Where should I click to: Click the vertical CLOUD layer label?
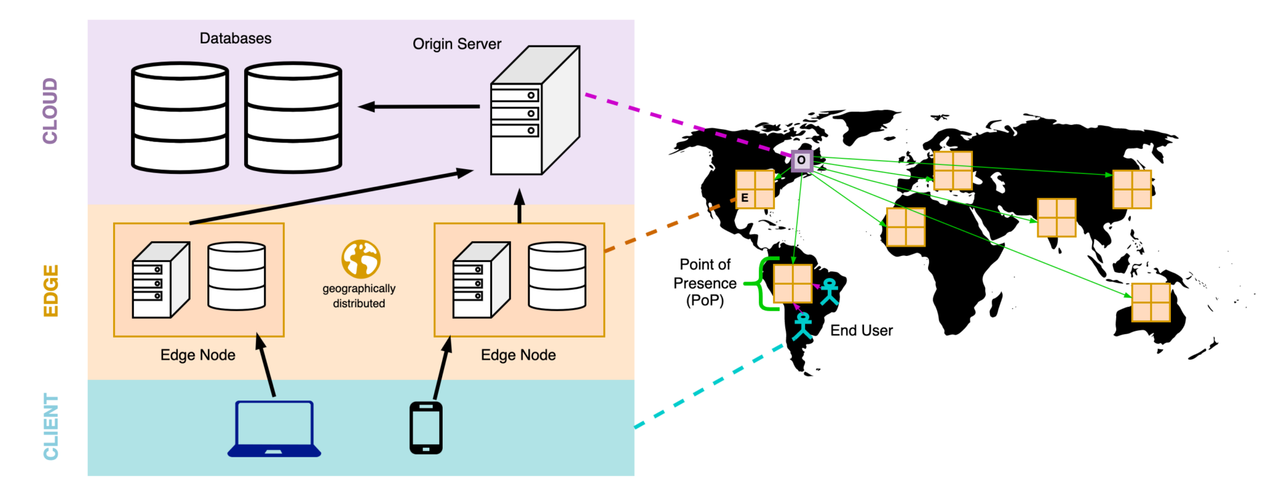click(x=50, y=111)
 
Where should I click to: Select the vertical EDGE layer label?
click(x=51, y=291)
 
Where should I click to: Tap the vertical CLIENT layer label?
click(x=51, y=426)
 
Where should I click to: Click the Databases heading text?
click(x=235, y=39)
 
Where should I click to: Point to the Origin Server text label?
click(x=457, y=44)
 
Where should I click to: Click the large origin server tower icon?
click(x=534, y=111)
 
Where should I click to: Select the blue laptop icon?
click(x=274, y=429)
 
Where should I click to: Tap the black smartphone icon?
click(x=426, y=428)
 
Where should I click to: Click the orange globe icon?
click(x=360, y=259)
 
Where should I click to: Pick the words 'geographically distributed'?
click(x=359, y=295)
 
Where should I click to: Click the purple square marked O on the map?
click(x=801, y=160)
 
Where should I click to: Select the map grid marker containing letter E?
click(x=754, y=190)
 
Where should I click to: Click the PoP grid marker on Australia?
click(x=1150, y=303)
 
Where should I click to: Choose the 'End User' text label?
click(x=861, y=330)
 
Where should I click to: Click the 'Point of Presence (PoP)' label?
click(x=705, y=283)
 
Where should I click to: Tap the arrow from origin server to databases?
click(x=419, y=106)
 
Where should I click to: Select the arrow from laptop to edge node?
click(x=266, y=366)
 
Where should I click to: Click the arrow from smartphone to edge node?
click(x=442, y=368)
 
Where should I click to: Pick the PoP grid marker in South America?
click(x=792, y=283)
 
